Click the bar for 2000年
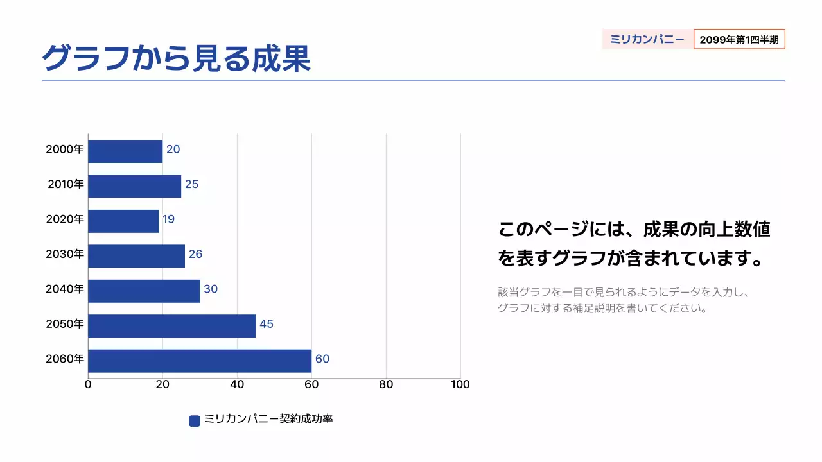[125, 151]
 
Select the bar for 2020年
[123, 221]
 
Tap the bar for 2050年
[171, 325]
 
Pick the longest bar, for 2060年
[200, 361]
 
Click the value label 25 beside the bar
[191, 185]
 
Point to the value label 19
[168, 219]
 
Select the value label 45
[266, 324]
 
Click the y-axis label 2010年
[66, 185]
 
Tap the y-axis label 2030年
[65, 254]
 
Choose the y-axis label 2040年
[65, 289]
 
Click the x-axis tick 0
[88, 385]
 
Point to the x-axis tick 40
[237, 385]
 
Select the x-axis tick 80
[386, 385]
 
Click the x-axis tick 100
[460, 385]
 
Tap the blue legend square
[195, 421]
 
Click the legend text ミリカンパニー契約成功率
[268, 420]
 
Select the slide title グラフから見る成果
[177, 58]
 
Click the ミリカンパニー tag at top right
[647, 39]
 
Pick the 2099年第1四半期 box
[739, 39]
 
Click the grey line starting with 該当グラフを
[624, 293]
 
